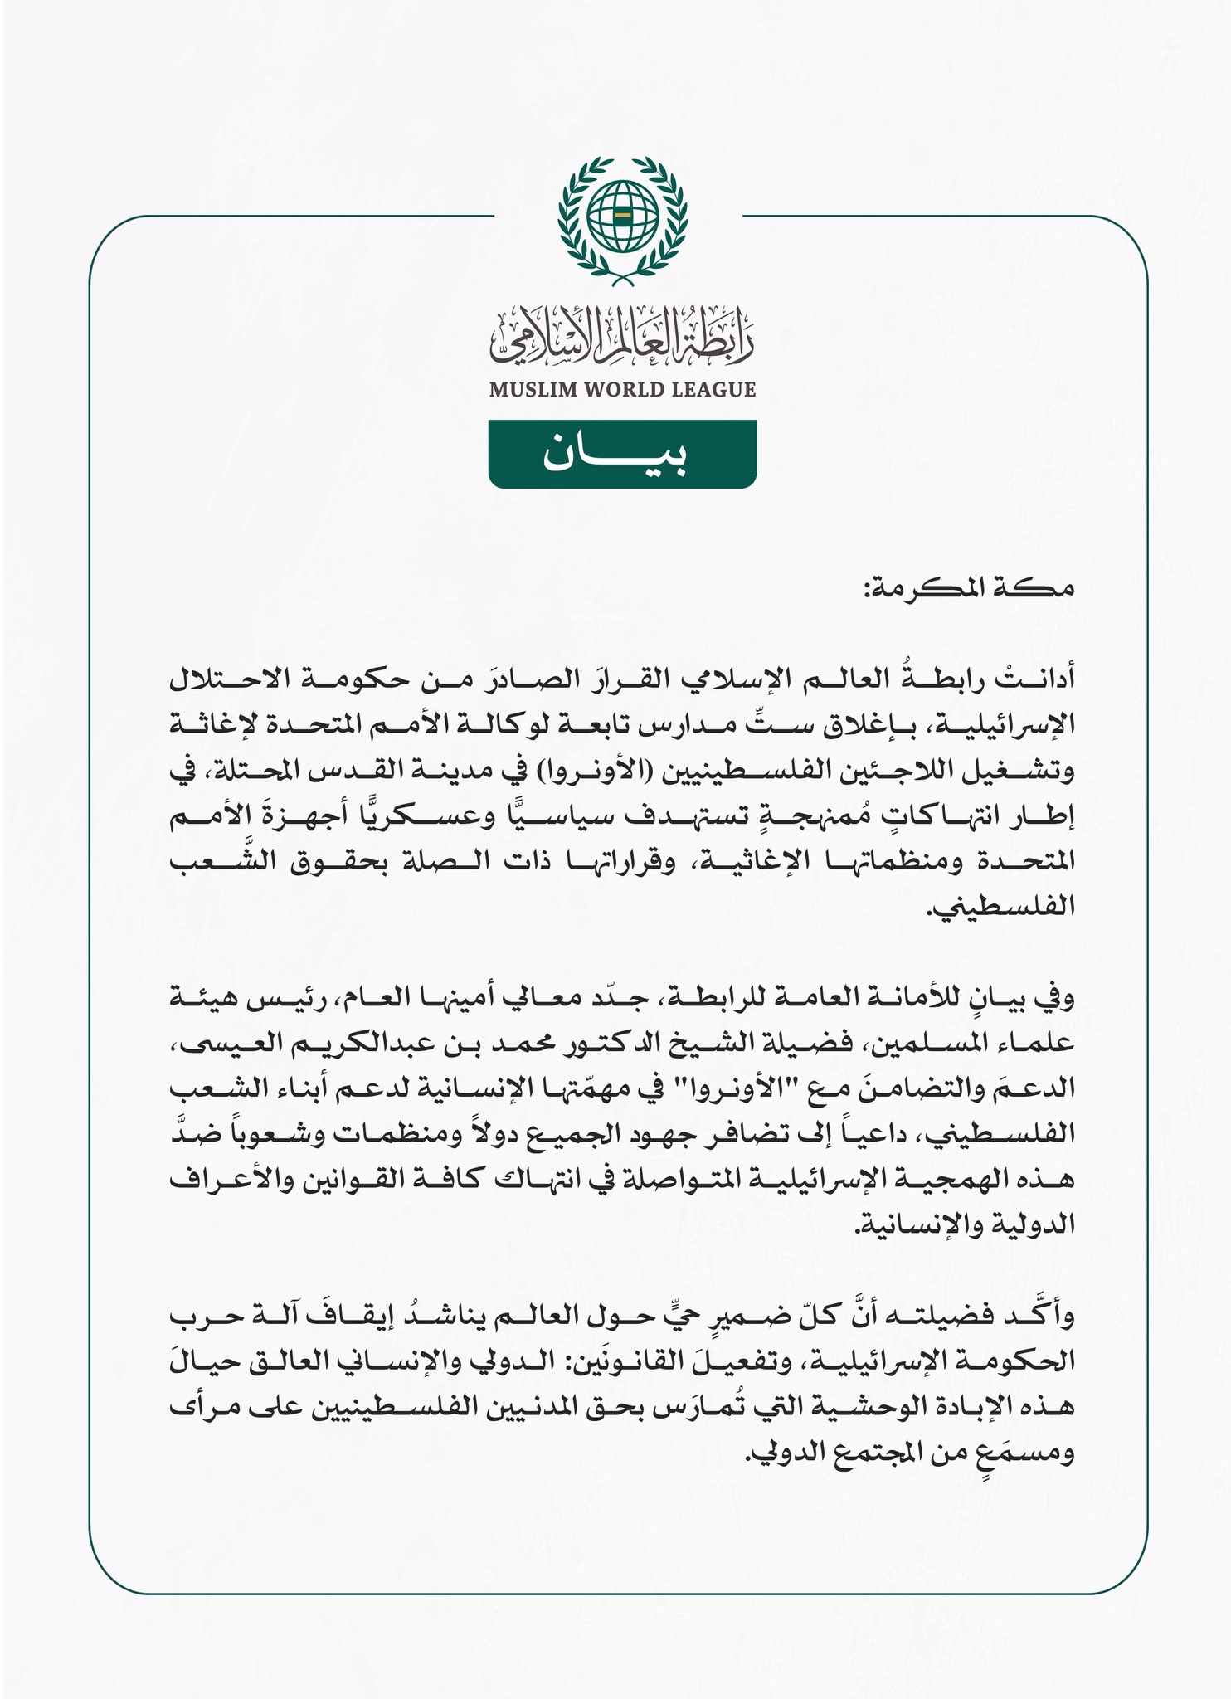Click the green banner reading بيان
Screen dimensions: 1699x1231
click(x=621, y=454)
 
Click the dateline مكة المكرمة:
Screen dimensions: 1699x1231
click(x=967, y=589)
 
